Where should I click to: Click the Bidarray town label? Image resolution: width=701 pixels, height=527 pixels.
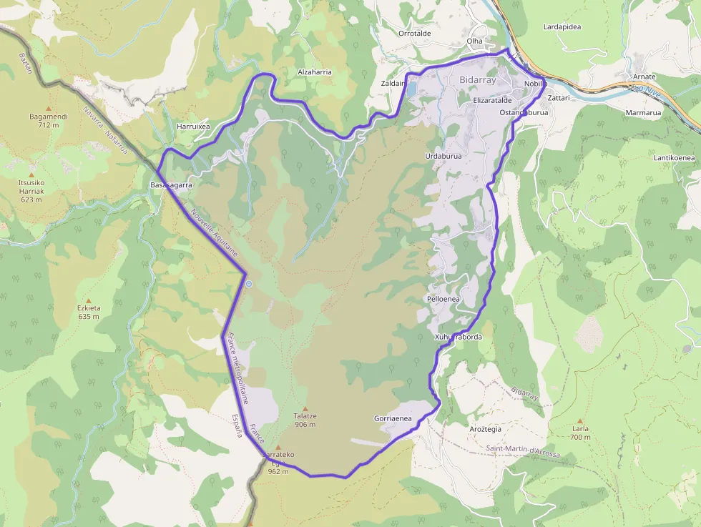pos(477,80)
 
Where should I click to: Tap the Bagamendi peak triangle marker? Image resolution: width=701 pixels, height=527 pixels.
pos(49,108)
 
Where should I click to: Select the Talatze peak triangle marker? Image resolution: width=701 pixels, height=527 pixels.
pos(305,408)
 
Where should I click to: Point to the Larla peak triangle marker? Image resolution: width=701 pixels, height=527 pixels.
pos(580,421)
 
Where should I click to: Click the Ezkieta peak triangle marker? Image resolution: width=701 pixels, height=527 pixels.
pos(89,301)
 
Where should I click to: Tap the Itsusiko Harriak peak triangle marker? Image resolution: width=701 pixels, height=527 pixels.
pos(31,174)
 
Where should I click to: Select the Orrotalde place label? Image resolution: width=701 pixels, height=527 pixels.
pos(415,33)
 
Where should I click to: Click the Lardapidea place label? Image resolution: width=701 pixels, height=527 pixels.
pos(562,27)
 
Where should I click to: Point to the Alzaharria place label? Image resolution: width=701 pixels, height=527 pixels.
pos(315,72)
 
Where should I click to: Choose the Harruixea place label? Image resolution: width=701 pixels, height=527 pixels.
pos(193,127)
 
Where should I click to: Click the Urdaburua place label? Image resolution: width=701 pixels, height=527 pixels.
pos(443,155)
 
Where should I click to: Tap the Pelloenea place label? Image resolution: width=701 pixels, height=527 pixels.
pos(443,298)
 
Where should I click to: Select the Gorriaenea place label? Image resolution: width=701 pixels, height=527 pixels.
pos(393,418)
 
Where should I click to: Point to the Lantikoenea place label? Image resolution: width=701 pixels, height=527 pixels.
pos(674,157)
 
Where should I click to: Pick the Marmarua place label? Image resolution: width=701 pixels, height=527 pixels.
pos(643,112)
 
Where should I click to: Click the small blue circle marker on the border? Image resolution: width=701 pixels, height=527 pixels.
pos(249,284)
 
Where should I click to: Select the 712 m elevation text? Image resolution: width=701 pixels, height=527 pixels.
pos(49,125)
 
